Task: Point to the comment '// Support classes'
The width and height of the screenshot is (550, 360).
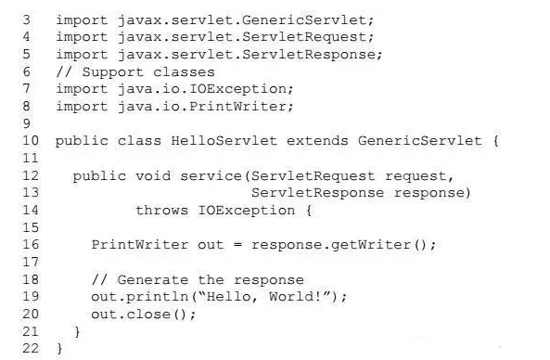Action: [x=135, y=71]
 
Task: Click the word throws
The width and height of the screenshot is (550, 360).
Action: [x=161, y=211]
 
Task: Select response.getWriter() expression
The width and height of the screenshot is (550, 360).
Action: [x=344, y=245]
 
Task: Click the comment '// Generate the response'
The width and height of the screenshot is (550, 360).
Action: [x=198, y=279]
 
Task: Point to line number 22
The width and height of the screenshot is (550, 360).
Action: [x=29, y=349]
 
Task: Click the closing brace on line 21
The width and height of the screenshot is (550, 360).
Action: [x=78, y=331]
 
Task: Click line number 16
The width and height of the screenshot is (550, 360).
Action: [x=29, y=245]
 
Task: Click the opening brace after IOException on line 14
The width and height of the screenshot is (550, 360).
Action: [x=308, y=211]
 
